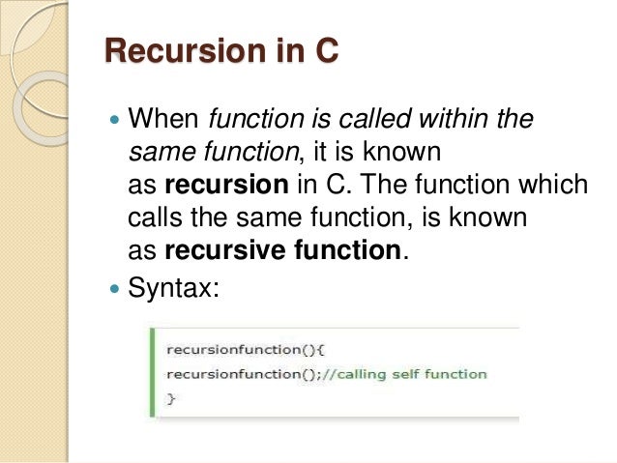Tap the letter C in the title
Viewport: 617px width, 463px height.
324,50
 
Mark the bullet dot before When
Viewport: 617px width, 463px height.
116,123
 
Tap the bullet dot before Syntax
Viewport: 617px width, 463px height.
116,288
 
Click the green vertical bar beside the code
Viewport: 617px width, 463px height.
151,373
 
